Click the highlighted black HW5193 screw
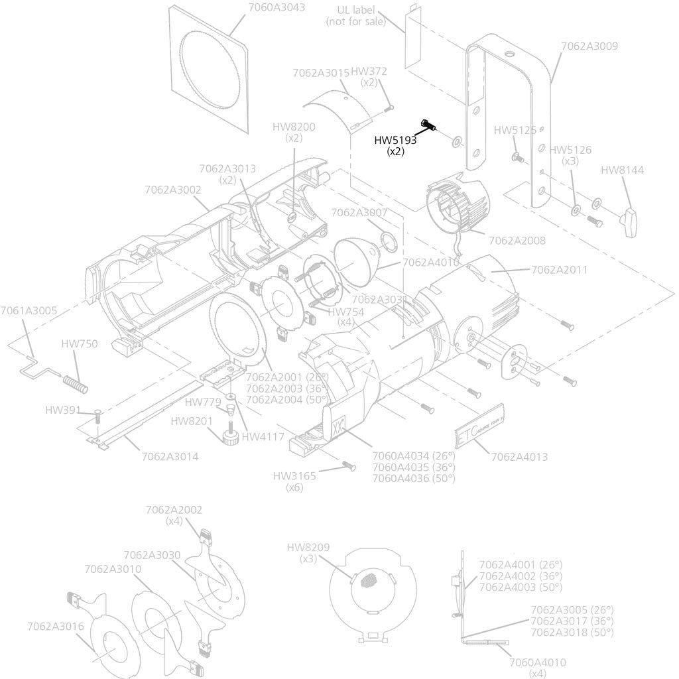[427, 125]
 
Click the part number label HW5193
[396, 140]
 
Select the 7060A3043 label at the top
[277, 7]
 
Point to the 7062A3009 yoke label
[589, 46]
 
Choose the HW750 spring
[75, 383]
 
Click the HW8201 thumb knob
[231, 436]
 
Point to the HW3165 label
[294, 476]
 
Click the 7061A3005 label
[29, 310]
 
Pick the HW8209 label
[308, 547]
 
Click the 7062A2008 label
[517, 240]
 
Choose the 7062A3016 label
[56, 626]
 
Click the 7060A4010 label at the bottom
[538, 662]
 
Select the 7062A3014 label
[170, 456]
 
